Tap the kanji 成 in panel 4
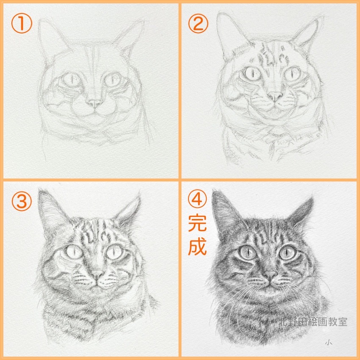(x=197, y=247)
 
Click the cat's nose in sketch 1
(x=94, y=103)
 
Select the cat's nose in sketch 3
(x=97, y=274)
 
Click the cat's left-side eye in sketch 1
(x=70, y=79)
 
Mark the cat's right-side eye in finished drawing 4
(x=288, y=253)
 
